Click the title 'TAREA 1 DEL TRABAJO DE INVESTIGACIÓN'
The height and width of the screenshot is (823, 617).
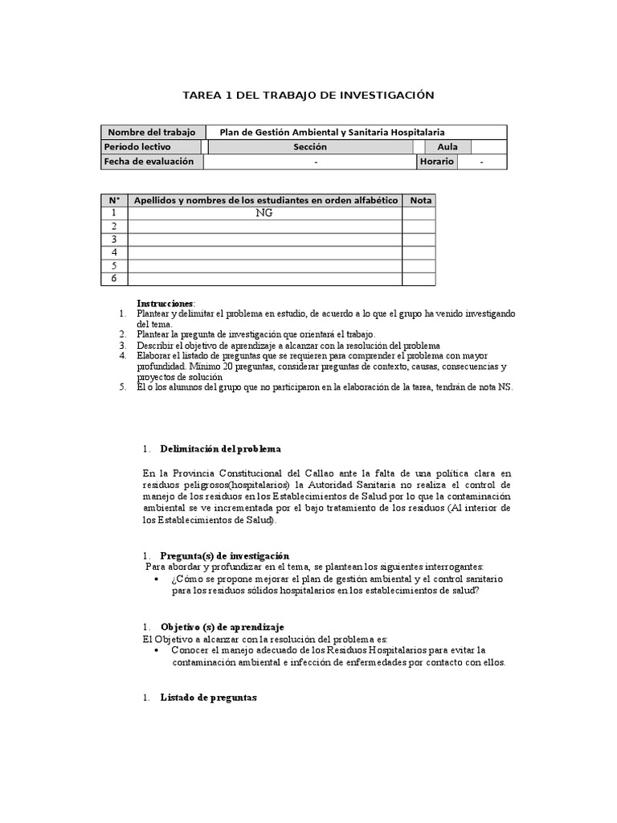pos(308,96)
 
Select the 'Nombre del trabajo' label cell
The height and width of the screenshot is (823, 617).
pos(153,133)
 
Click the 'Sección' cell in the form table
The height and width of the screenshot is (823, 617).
pos(310,147)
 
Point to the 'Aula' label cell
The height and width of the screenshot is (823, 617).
pos(447,147)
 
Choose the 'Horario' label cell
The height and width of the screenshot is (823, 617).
pos(436,162)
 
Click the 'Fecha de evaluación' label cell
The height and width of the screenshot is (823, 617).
pos(149,162)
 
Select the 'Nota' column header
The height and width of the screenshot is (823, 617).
pos(420,200)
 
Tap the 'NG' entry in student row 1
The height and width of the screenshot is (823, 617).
pos(264,214)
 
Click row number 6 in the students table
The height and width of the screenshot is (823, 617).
pos(114,278)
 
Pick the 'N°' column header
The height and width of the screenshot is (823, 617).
pos(114,200)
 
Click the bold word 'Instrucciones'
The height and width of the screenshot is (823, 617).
pos(165,303)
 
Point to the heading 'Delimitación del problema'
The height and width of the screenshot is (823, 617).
pos(220,448)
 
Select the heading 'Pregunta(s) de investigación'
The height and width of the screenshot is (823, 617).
pos(224,556)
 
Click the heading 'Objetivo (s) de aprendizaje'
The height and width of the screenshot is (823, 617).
pos(222,627)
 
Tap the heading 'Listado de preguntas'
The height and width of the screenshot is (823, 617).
pos(208,698)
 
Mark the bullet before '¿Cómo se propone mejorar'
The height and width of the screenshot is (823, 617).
pos(156,579)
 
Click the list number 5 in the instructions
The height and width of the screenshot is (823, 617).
pos(123,387)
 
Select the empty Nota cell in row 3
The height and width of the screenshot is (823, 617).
pos(419,240)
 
